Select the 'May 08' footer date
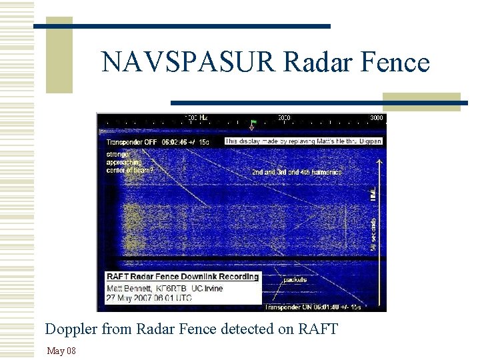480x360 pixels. pos(61,351)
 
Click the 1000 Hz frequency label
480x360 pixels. pos(195,117)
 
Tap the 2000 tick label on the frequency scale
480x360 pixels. pos(285,117)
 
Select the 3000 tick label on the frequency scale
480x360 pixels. pos(377,117)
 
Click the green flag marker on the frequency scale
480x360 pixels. pos(253,123)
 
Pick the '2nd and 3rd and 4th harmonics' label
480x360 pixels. pos(296,172)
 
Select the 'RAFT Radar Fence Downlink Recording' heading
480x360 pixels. pos(182,277)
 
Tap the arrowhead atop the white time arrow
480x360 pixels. pos(378,161)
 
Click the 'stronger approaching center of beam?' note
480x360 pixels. pos(129,161)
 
